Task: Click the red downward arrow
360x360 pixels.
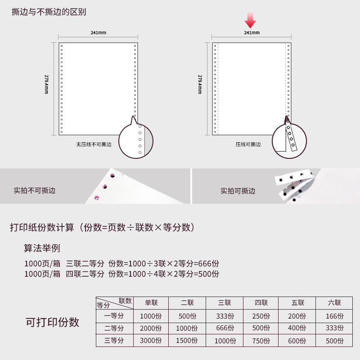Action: pos(250,20)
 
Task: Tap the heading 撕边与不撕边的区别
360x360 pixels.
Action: pos(49,12)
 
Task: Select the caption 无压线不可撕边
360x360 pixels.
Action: pos(94,144)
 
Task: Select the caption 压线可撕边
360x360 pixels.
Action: pos(248,144)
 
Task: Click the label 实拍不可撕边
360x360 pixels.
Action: pos(35,190)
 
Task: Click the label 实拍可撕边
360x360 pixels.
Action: pos(238,191)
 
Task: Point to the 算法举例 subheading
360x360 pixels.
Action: pos(42,248)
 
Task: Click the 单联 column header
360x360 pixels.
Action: pos(151,302)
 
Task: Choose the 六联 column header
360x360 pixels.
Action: pos(334,302)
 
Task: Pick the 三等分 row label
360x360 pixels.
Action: pos(114,340)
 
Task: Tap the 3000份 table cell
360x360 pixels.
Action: pos(151,341)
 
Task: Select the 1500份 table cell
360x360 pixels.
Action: pos(187,341)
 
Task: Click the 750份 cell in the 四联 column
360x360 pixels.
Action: pos(261,341)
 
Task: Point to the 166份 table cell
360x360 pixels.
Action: pos(335,316)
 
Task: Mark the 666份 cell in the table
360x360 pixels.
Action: pos(225,328)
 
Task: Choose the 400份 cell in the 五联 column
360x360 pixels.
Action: pos(297,328)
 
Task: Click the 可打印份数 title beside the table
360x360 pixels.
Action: pos(52,322)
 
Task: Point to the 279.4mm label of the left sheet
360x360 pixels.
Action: pos(46,84)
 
